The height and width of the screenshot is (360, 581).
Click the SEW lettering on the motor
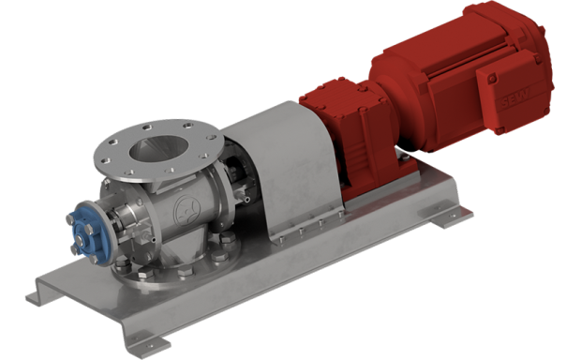click(514, 98)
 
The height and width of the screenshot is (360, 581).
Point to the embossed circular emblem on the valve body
click(186, 211)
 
